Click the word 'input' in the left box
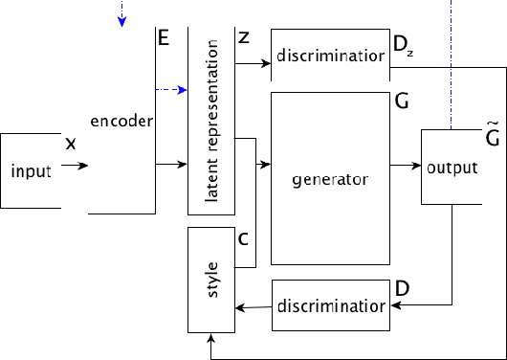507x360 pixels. [x=31, y=171]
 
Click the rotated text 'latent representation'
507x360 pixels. [x=211, y=121]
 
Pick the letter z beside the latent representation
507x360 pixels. [x=243, y=38]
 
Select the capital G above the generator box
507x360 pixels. [x=400, y=100]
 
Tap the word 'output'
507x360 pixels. [x=452, y=167]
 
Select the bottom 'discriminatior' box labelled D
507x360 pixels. [x=331, y=306]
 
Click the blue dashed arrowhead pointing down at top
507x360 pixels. [x=121, y=22]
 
